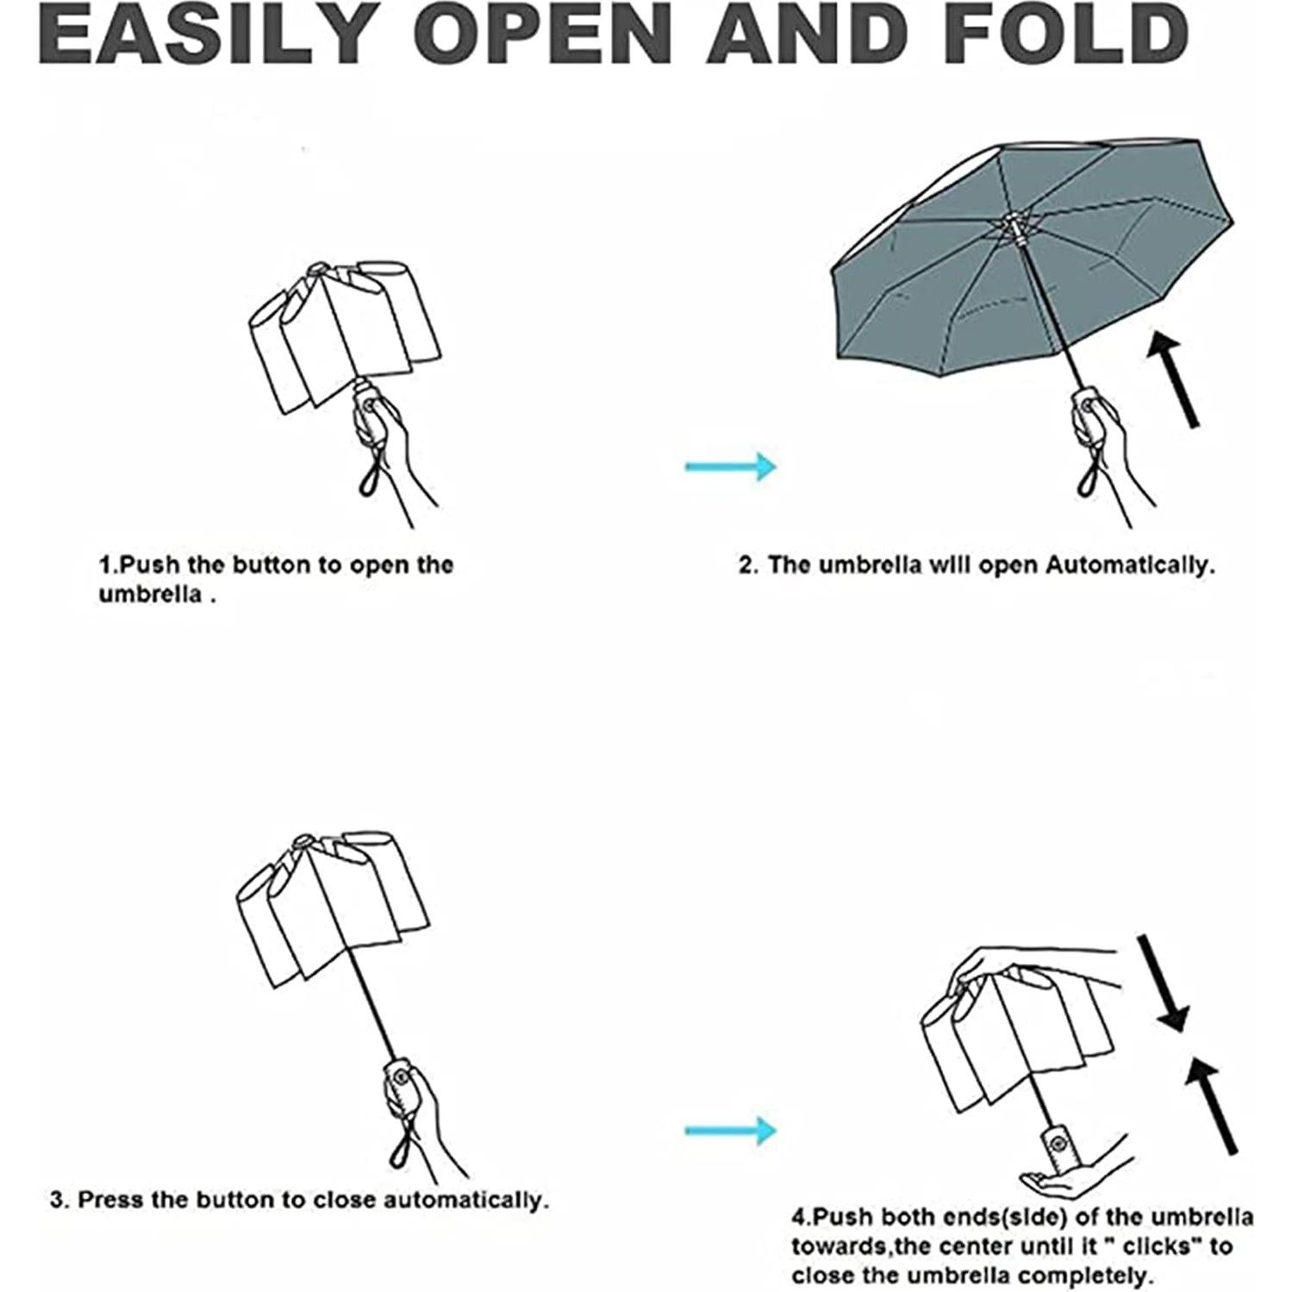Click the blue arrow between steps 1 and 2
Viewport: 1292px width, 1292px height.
731,466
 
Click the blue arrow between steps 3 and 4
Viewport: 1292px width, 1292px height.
731,1130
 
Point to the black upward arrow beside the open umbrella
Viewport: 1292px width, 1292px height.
1173,378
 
